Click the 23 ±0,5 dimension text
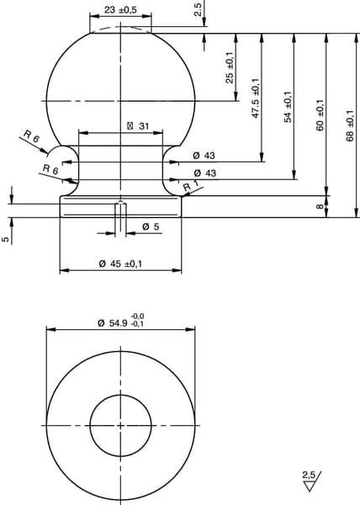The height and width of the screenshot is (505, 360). click(x=120, y=9)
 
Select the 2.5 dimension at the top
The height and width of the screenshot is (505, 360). click(x=198, y=9)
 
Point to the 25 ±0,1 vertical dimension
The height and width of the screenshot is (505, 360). click(x=230, y=67)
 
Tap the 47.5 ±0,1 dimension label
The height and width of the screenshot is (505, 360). click(x=256, y=98)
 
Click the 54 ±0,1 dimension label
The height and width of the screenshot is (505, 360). click(x=288, y=107)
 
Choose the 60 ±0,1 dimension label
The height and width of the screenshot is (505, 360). click(x=320, y=115)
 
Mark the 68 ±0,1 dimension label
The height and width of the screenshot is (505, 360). click(x=350, y=125)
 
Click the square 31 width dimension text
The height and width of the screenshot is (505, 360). click(x=138, y=126)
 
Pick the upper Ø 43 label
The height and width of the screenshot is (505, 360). click(x=204, y=156)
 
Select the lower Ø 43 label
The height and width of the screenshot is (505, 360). click(x=205, y=173)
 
